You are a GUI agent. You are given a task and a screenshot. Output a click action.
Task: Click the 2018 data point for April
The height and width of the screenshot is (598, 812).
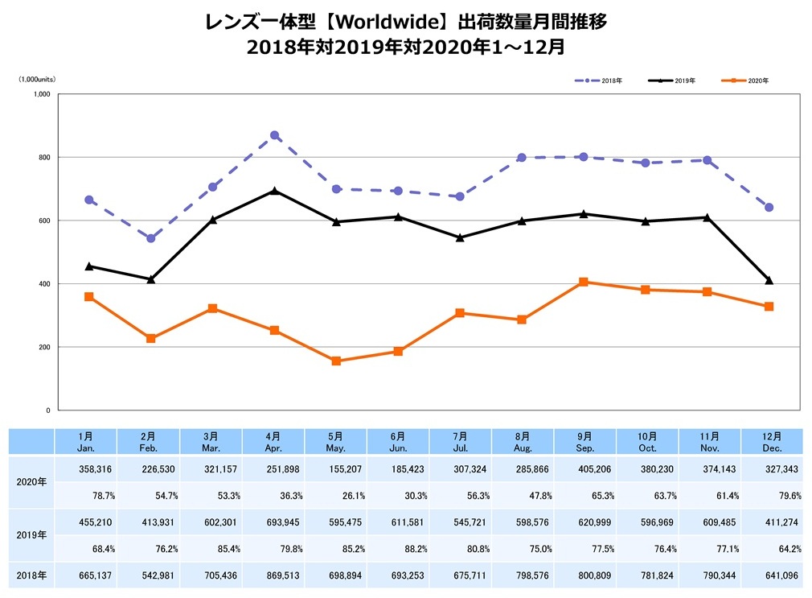click(x=274, y=135)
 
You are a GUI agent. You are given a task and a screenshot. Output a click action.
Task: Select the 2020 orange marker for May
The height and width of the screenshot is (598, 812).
click(x=336, y=361)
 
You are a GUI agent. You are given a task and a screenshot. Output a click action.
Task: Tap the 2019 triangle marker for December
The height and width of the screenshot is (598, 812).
click(x=769, y=280)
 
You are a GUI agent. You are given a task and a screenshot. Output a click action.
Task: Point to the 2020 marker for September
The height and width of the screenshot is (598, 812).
click(x=583, y=282)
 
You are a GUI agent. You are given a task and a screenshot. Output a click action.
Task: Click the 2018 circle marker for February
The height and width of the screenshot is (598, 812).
click(x=150, y=238)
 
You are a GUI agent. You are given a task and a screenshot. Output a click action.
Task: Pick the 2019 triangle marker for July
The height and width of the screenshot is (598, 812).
click(x=460, y=237)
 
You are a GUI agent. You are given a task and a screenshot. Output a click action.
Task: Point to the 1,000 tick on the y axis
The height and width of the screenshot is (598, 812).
click(x=42, y=94)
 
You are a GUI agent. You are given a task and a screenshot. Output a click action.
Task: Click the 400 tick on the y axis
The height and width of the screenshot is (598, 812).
click(x=45, y=284)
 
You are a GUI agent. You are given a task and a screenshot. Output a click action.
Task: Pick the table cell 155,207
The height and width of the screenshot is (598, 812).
click(x=336, y=469)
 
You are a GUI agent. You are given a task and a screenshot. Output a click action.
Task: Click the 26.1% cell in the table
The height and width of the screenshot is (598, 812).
click(x=336, y=495)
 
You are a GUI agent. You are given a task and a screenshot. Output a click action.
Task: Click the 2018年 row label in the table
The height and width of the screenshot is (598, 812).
click(x=31, y=575)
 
